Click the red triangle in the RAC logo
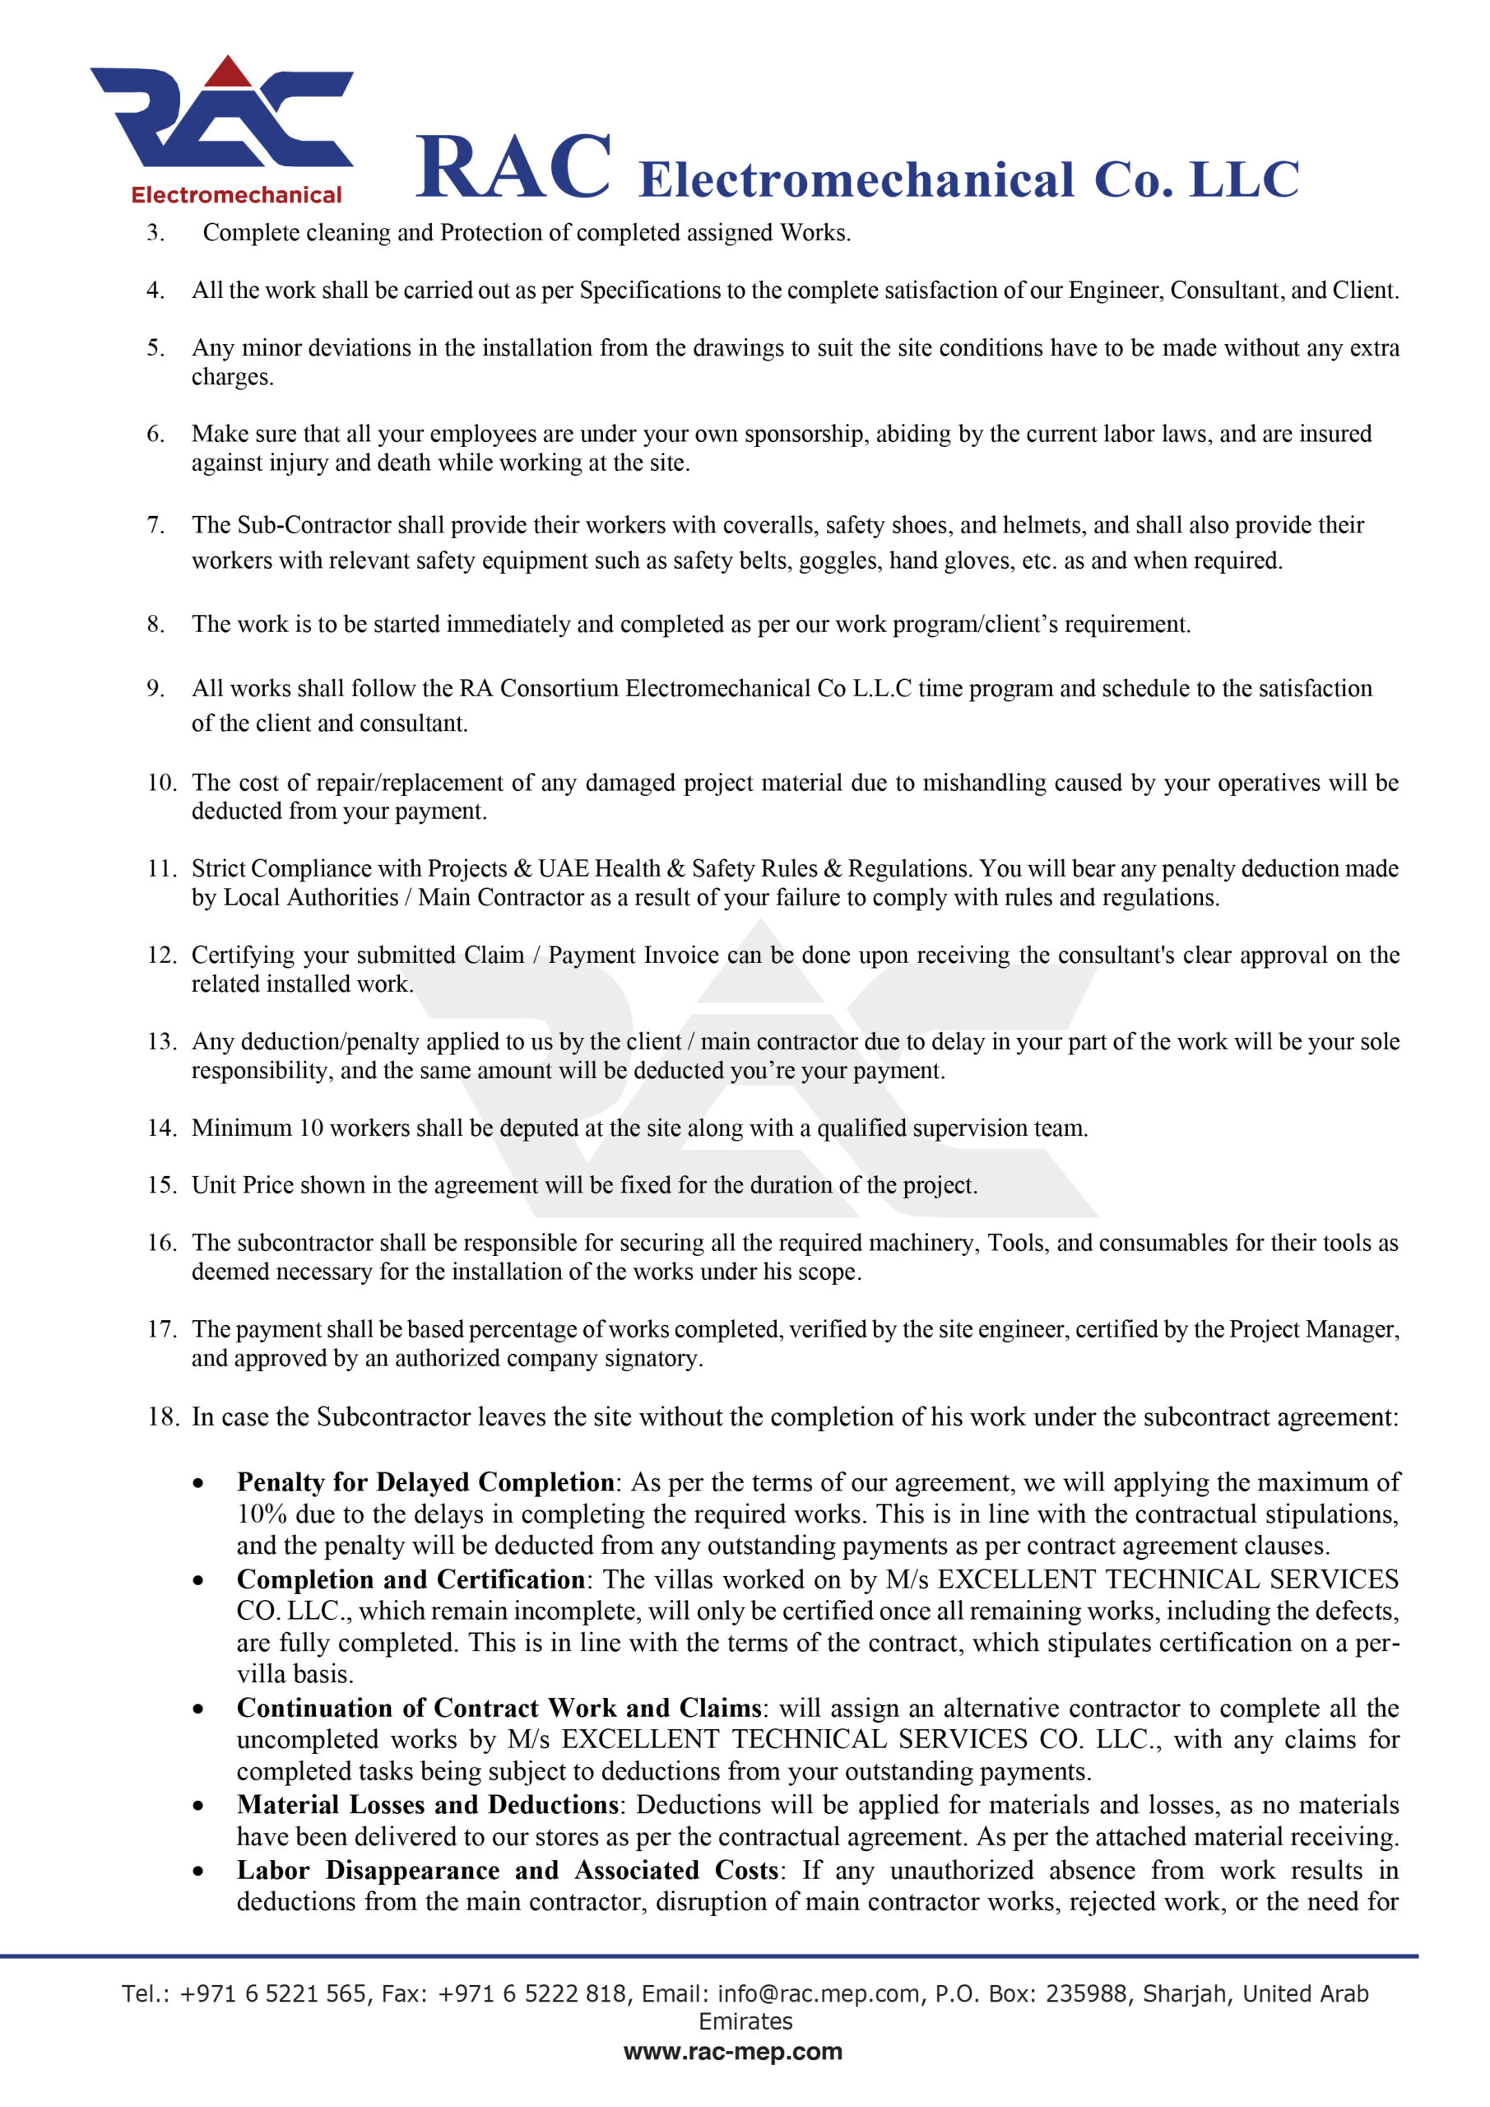click(228, 72)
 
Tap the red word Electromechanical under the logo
click(236, 195)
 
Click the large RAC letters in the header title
click(513, 167)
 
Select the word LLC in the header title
click(1243, 180)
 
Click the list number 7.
click(155, 525)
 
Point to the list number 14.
click(161, 1128)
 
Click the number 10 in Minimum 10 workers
click(311, 1128)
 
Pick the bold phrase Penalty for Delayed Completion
click(425, 1482)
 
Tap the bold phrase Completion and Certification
click(410, 1579)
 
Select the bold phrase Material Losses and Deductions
click(428, 1804)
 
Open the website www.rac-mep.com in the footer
click(732, 2052)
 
